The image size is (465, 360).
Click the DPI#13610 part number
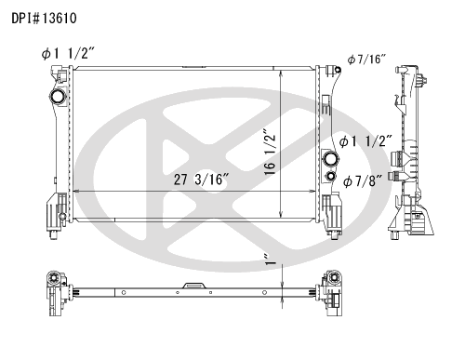tap(44, 19)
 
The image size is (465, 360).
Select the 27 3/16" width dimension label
tap(201, 180)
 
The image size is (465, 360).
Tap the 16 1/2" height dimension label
tap(270, 152)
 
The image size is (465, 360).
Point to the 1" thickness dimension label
tap(271, 260)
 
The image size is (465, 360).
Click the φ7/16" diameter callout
tap(366, 59)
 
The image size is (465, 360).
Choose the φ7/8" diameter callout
tap(363, 181)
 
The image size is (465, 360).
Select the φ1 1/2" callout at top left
tap(67, 54)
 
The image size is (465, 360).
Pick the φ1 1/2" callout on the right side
tap(365, 141)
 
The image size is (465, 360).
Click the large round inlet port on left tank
tap(58, 97)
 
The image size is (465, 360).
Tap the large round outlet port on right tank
tap(330, 159)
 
